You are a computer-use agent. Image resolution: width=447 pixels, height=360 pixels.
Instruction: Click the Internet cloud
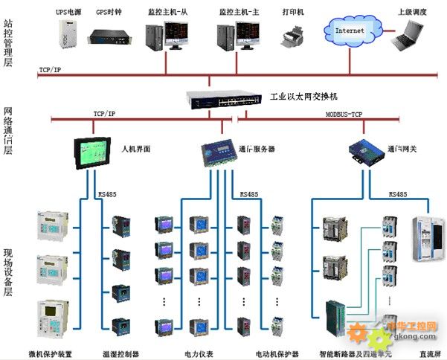point(350,30)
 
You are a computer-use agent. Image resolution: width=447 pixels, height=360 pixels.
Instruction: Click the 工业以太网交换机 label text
point(303,97)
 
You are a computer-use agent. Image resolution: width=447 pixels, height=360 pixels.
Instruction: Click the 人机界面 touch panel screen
point(93,150)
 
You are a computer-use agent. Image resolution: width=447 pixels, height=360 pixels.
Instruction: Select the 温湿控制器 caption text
point(121,353)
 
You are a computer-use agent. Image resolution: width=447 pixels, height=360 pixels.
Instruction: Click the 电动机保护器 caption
point(277,353)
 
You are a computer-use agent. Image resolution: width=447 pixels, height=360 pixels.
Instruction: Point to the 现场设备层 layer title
point(8,274)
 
